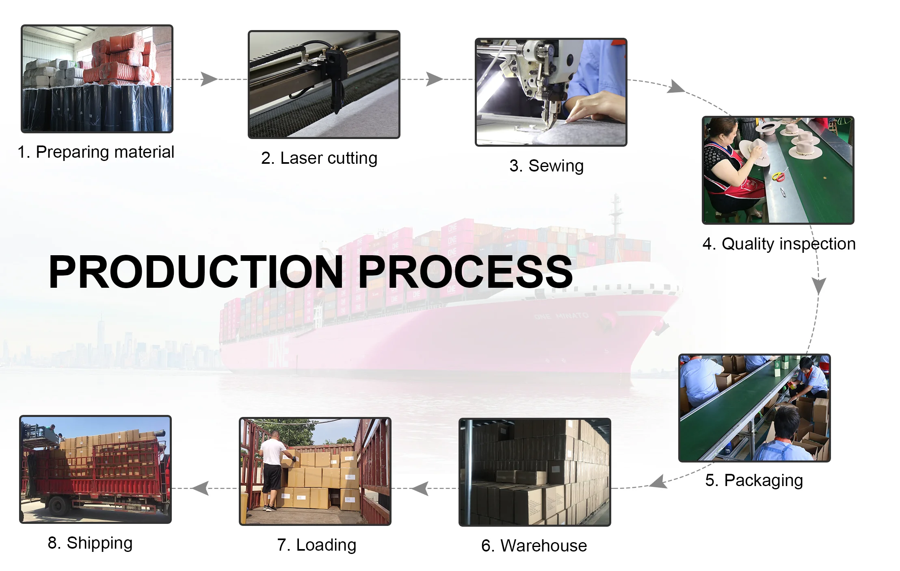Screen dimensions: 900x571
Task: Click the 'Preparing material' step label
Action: (x=96, y=152)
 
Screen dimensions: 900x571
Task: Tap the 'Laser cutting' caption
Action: (x=319, y=158)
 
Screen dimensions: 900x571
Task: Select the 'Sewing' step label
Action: (x=546, y=166)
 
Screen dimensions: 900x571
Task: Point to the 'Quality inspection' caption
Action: (x=779, y=244)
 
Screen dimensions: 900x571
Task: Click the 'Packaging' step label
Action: (x=754, y=480)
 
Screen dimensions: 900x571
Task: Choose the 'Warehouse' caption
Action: (x=534, y=546)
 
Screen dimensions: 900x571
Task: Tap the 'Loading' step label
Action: (x=316, y=545)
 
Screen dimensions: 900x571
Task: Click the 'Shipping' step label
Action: (x=90, y=543)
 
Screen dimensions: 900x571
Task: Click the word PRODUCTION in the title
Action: (x=196, y=272)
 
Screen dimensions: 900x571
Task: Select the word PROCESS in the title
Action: (x=465, y=272)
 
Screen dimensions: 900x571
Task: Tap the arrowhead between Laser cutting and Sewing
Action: (x=434, y=79)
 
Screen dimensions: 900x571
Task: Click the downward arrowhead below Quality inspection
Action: (x=819, y=286)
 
